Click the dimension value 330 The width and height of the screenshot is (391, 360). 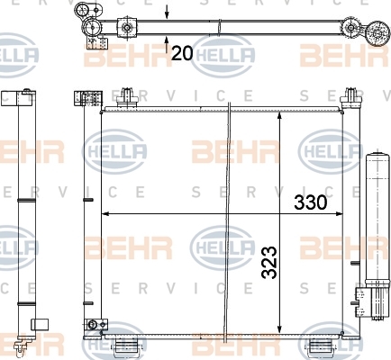(x=310, y=202)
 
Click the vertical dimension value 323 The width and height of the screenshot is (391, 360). (x=269, y=263)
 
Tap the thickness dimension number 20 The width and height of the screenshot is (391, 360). (x=182, y=53)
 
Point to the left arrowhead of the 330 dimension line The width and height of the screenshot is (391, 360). (x=105, y=214)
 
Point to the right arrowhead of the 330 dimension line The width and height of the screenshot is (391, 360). (x=339, y=214)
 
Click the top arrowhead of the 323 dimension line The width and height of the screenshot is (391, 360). (x=280, y=115)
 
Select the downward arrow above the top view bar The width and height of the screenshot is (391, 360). (x=167, y=12)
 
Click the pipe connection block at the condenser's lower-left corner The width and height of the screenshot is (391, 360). (x=96, y=324)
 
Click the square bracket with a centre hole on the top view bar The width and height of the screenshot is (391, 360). (x=127, y=28)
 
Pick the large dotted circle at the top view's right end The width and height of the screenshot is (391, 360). (x=378, y=33)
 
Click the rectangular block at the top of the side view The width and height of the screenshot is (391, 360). (x=16, y=98)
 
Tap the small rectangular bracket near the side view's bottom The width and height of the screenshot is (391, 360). (x=40, y=324)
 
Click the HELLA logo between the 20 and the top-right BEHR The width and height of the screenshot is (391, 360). (x=223, y=56)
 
